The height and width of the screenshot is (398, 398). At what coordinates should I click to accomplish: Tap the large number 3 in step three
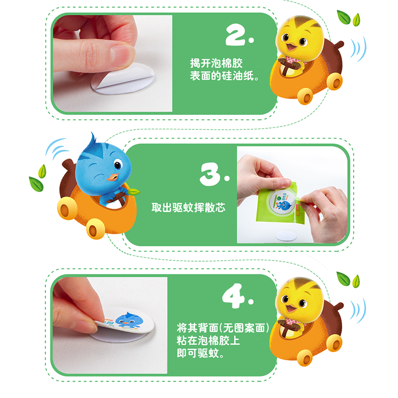(x=210, y=174)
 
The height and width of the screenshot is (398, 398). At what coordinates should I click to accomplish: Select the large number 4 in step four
(x=233, y=296)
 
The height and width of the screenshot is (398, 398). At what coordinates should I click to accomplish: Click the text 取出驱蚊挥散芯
(x=188, y=207)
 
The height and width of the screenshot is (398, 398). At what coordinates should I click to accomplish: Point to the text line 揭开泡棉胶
(x=216, y=63)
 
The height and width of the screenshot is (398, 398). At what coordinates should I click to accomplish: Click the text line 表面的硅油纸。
(x=225, y=76)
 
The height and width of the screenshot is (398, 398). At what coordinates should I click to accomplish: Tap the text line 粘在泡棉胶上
(x=208, y=341)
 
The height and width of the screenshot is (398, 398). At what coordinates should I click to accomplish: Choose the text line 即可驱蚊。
(x=200, y=353)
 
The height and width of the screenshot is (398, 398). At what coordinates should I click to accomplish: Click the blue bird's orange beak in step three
(x=113, y=177)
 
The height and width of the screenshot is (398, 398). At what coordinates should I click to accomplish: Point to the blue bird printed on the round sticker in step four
(x=127, y=320)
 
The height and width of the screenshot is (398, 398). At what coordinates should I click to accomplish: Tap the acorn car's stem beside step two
(x=337, y=46)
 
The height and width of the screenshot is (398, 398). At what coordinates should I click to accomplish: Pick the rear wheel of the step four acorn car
(x=334, y=343)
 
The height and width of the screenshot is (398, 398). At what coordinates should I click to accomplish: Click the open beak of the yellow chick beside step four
(x=291, y=308)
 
